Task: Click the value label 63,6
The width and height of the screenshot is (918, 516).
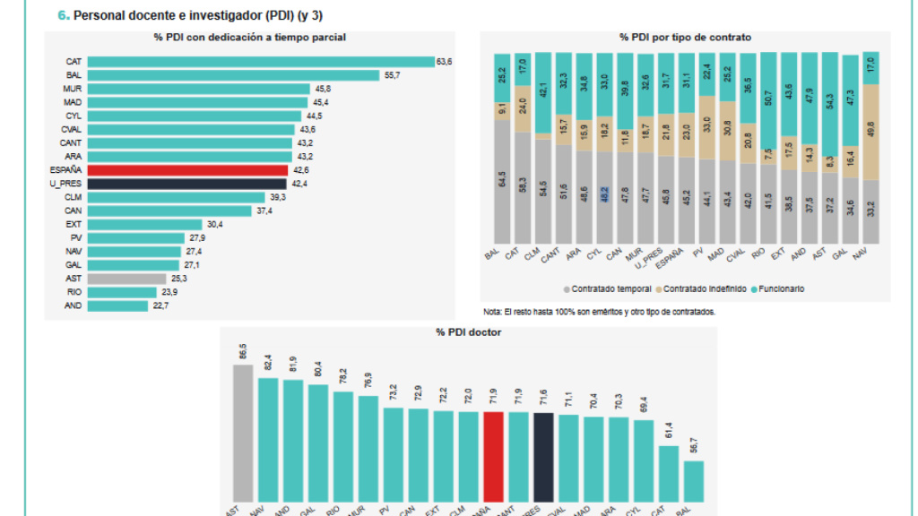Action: pos(444,62)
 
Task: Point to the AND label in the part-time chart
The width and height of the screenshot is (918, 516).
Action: pos(74,305)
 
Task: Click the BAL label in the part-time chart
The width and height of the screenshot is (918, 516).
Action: pos(74,75)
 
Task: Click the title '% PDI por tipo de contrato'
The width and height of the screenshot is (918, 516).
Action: pos(685,38)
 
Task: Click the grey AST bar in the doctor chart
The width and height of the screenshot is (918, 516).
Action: pos(243,433)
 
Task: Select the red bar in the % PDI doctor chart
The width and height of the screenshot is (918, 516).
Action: pos(493,456)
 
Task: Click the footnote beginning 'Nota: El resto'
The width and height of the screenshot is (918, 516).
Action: pos(598,312)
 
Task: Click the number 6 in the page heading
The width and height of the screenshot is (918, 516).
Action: pos(62,15)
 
